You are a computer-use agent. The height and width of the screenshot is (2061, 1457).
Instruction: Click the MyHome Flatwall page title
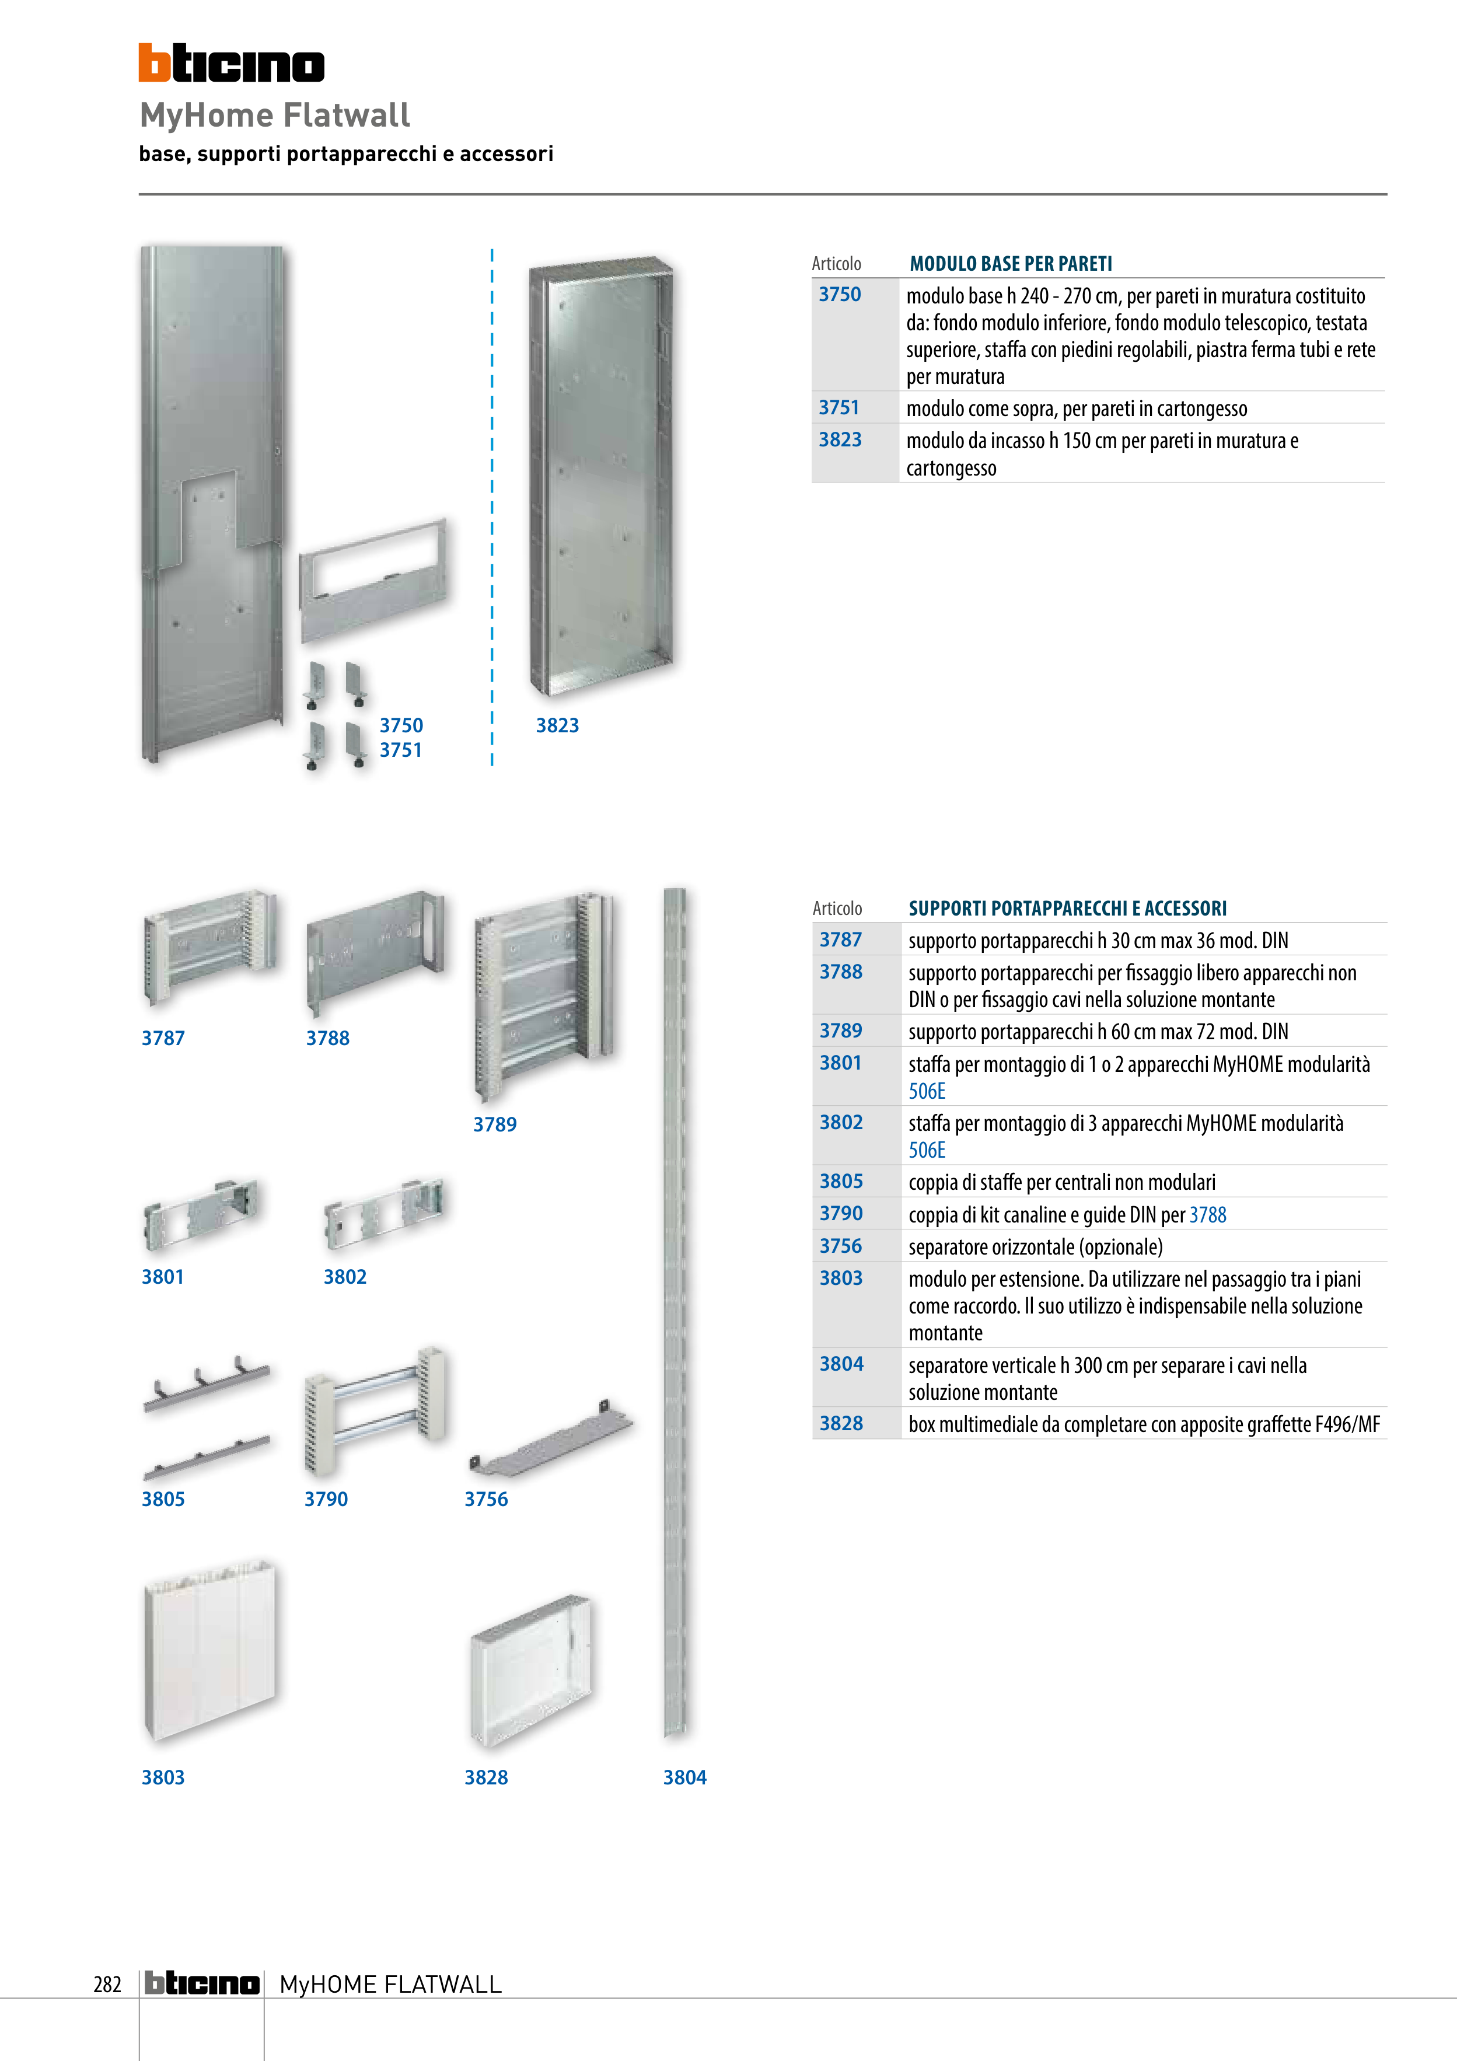pyautogui.click(x=275, y=115)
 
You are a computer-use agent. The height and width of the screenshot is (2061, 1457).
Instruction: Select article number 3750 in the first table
pyautogui.click(x=840, y=295)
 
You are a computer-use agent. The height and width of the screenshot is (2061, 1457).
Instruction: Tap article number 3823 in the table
pyautogui.click(x=840, y=440)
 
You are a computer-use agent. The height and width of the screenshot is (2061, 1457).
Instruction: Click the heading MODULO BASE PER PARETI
pyautogui.click(x=1010, y=264)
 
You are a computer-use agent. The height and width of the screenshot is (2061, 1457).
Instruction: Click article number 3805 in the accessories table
pyautogui.click(x=840, y=1181)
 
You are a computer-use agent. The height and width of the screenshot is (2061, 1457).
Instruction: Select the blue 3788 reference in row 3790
pyautogui.click(x=1207, y=1214)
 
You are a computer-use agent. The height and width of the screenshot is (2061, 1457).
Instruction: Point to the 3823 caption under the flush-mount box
pyautogui.click(x=557, y=725)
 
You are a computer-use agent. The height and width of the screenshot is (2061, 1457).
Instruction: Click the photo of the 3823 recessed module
pyautogui.click(x=600, y=476)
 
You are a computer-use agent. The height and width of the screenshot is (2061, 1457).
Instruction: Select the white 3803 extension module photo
pyautogui.click(x=209, y=1650)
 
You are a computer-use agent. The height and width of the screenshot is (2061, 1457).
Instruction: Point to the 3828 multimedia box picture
pyautogui.click(x=530, y=1669)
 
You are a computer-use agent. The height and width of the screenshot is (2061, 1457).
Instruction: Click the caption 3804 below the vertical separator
pyautogui.click(x=684, y=1777)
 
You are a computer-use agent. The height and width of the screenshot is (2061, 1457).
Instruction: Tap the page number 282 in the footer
pyautogui.click(x=107, y=1984)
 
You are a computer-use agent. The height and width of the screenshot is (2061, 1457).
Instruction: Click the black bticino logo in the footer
pyautogui.click(x=202, y=1983)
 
